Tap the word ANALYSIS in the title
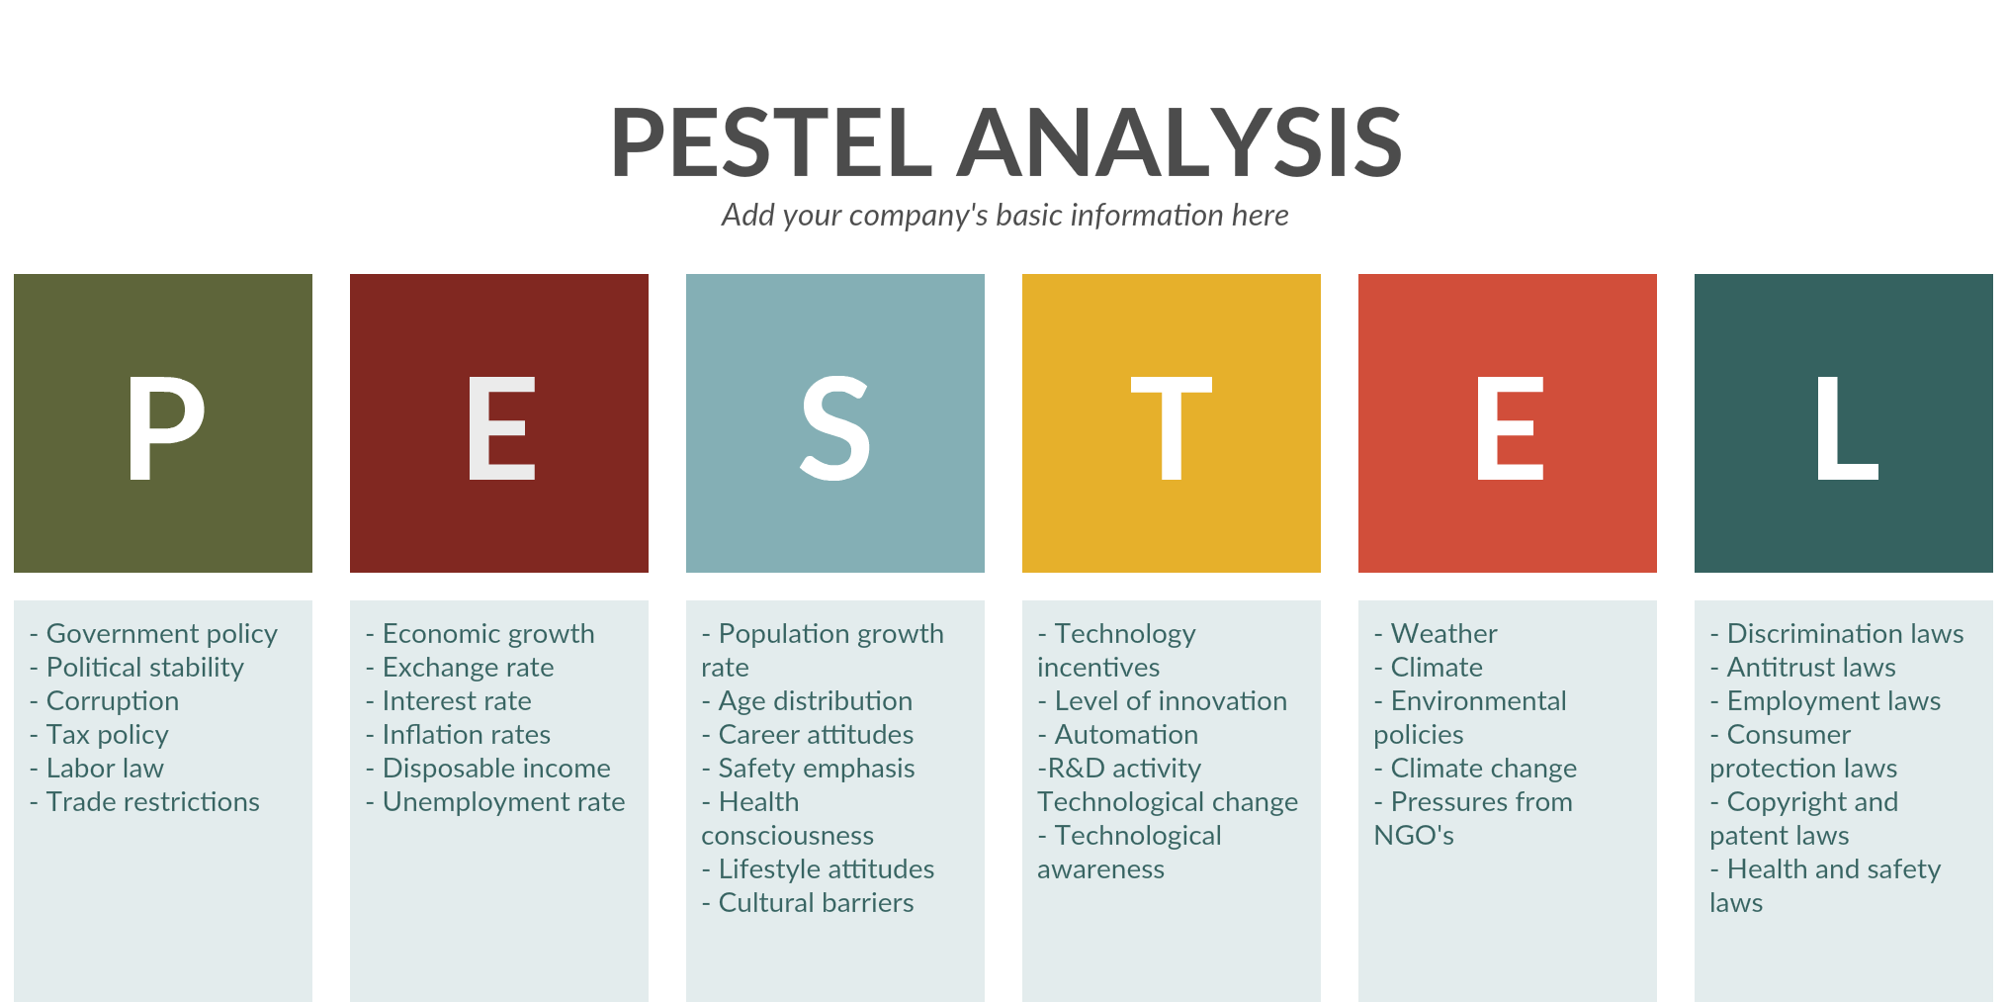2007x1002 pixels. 1179,142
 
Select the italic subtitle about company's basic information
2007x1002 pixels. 1004,216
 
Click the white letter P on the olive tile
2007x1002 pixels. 166,428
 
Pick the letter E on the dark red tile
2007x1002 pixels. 501,428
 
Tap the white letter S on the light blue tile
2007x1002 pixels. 835,428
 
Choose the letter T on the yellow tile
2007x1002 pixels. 1172,428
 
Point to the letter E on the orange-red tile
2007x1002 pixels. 1510,428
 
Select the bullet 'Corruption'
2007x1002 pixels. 104,701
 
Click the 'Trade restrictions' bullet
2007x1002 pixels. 144,802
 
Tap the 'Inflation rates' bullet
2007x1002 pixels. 458,735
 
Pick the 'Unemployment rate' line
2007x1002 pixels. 495,802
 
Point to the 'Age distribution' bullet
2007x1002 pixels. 807,701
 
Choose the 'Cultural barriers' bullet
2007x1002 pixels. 808,903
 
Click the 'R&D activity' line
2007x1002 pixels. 1119,769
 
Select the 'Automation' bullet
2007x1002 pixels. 1118,735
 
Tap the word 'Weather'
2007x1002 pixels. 1444,634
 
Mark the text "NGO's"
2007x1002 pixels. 1414,836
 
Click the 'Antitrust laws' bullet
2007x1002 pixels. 1803,668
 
